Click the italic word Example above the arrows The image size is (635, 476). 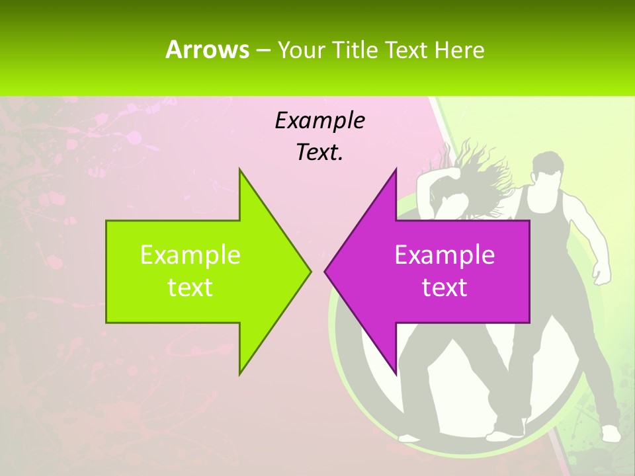319,120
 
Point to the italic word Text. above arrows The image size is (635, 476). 319,152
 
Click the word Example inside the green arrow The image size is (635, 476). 190,255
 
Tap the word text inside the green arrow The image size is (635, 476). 190,287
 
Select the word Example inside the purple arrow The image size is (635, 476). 444,255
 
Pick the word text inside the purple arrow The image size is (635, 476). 444,287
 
